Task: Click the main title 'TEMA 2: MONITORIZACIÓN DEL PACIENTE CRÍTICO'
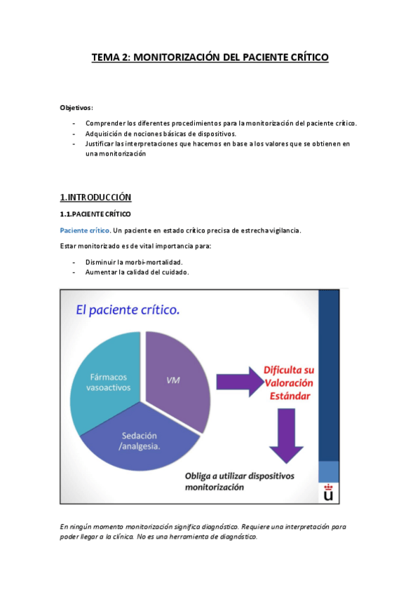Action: [210, 58]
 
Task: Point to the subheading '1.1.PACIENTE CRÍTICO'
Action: [95, 213]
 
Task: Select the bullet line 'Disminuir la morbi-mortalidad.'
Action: [134, 262]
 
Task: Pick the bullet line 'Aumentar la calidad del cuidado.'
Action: [137, 272]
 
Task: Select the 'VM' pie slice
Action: [175, 379]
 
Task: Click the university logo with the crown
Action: [328, 492]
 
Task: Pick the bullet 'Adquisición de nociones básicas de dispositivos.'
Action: [161, 133]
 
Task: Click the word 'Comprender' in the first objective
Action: [105, 123]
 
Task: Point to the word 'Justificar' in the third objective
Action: [101, 144]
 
